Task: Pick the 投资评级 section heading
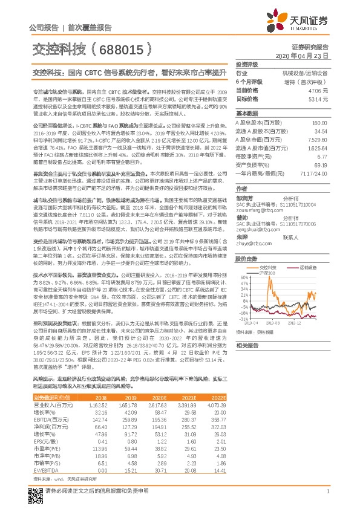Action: click(x=247, y=63)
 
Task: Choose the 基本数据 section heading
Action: click(x=247, y=114)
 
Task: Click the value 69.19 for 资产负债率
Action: click(x=320, y=181)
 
